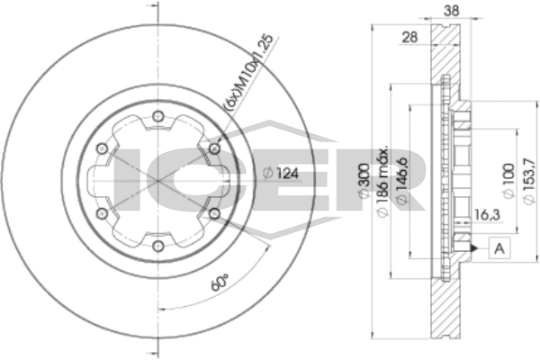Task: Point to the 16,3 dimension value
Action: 485,215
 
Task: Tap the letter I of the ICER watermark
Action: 130,176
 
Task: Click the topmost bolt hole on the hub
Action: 158,114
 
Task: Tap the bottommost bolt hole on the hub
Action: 158,246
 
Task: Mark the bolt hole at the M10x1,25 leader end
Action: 214,148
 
